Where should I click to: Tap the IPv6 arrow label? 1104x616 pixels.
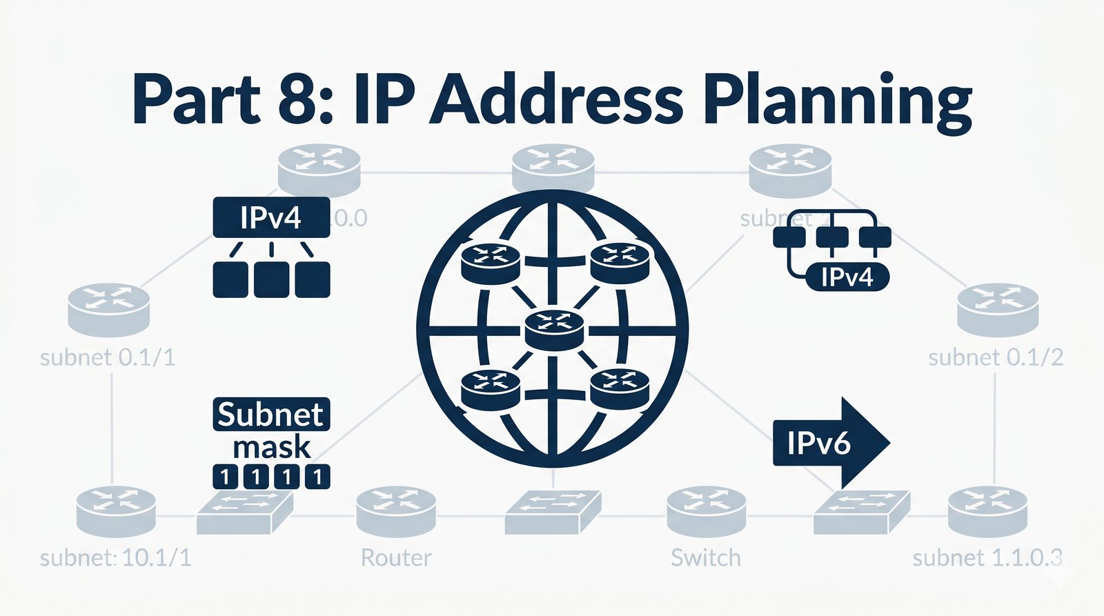click(819, 443)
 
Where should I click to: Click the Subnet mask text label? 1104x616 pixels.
click(271, 430)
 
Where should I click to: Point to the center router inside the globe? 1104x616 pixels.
click(554, 329)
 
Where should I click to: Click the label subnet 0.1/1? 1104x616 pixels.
click(108, 357)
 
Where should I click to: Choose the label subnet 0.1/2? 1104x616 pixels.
click(996, 357)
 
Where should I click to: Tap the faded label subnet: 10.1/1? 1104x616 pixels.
click(115, 557)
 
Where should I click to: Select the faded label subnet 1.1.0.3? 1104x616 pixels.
click(987, 557)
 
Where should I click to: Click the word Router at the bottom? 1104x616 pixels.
click(396, 557)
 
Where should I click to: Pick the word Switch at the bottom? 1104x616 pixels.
click(705, 557)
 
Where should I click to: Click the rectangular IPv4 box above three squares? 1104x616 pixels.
click(271, 218)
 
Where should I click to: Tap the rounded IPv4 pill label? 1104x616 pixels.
click(847, 277)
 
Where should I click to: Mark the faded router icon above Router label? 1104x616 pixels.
click(396, 511)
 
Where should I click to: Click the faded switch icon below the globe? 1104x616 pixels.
click(553, 513)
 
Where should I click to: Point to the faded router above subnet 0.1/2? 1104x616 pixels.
click(998, 309)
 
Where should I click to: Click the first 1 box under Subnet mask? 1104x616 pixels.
click(224, 477)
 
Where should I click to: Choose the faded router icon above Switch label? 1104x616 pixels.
click(706, 511)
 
